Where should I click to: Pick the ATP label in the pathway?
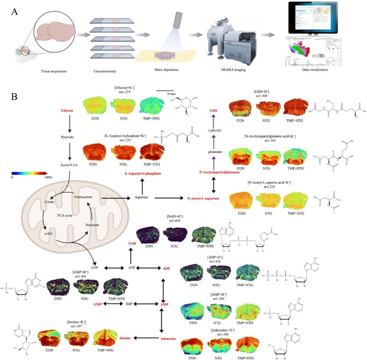click(130, 267)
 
